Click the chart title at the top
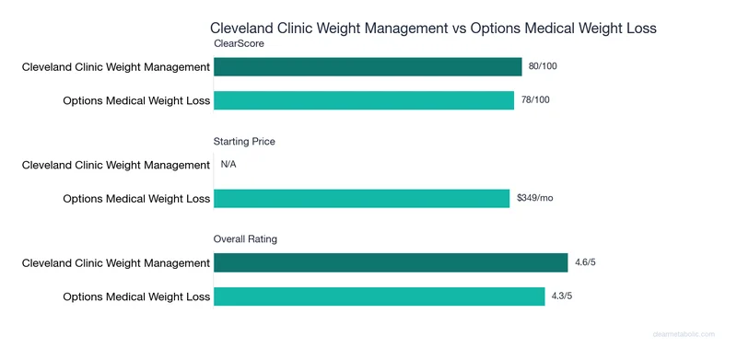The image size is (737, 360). click(x=433, y=29)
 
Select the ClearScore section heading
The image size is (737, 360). click(x=240, y=43)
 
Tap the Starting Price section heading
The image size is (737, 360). click(x=244, y=142)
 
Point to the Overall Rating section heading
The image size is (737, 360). click(x=246, y=239)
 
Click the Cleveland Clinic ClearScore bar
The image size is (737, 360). click(x=368, y=67)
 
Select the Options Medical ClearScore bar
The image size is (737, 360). click(x=364, y=100)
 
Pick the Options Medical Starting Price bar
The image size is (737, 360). click(x=361, y=198)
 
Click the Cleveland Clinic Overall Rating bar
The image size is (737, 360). click(x=391, y=263)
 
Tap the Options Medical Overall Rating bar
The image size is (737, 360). click(x=379, y=296)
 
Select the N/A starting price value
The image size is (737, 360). click(x=228, y=166)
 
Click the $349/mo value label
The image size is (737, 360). click(x=535, y=198)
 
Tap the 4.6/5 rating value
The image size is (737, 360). click(x=586, y=263)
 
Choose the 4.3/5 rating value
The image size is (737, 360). click(x=563, y=296)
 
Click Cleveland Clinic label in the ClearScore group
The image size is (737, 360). click(x=116, y=67)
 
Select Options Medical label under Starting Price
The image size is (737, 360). click(x=136, y=198)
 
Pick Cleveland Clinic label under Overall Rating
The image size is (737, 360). click(x=116, y=263)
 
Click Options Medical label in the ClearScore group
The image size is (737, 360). click(x=136, y=100)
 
